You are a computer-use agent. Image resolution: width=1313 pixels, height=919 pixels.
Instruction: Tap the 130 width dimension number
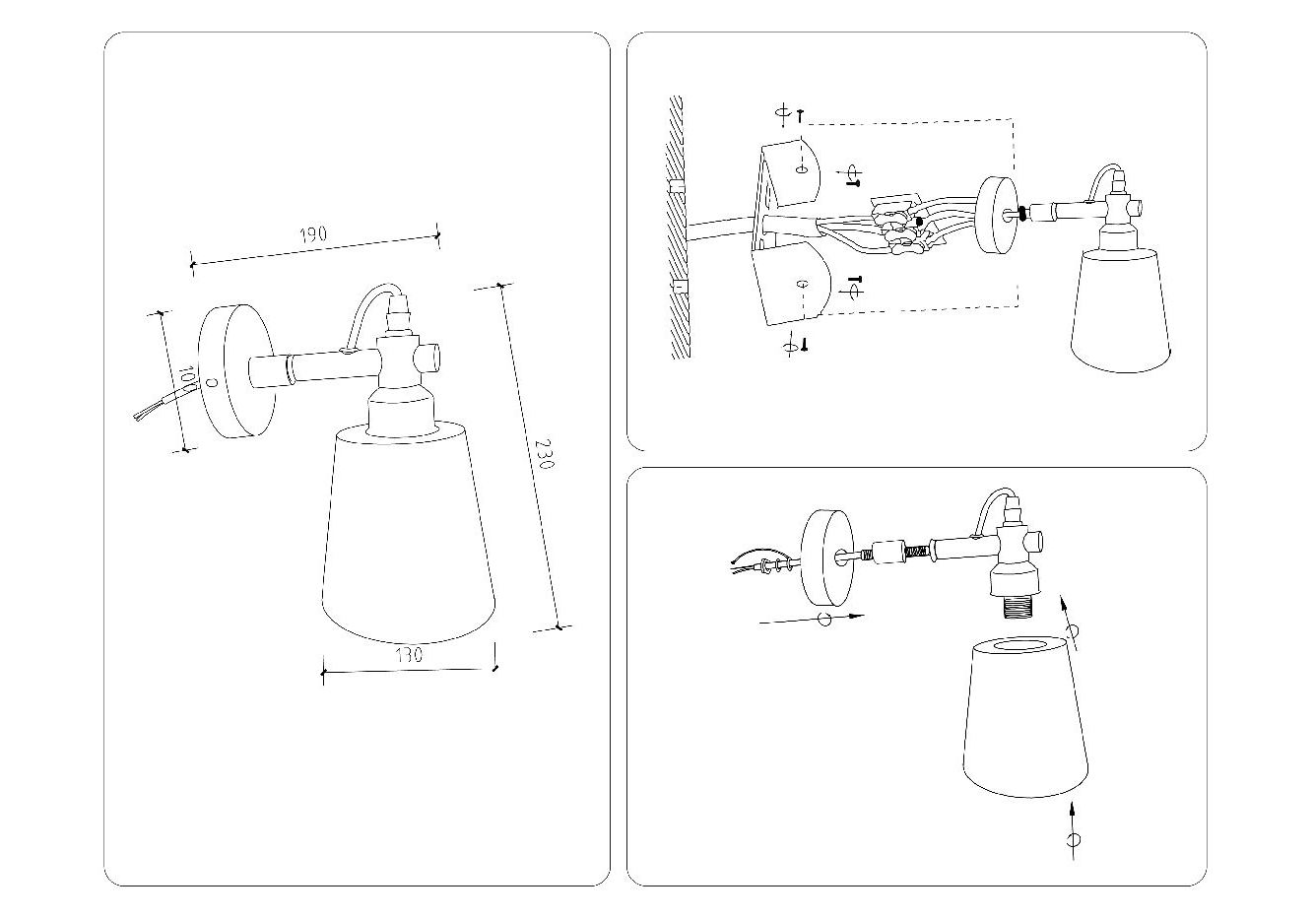click(408, 654)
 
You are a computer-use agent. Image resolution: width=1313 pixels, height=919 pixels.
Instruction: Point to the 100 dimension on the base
click(186, 378)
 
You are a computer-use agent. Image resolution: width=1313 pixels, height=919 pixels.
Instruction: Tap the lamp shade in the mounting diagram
click(1120, 310)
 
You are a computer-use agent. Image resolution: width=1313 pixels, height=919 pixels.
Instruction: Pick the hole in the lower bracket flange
click(802, 286)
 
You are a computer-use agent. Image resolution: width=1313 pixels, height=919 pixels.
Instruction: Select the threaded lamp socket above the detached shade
click(1015, 602)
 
